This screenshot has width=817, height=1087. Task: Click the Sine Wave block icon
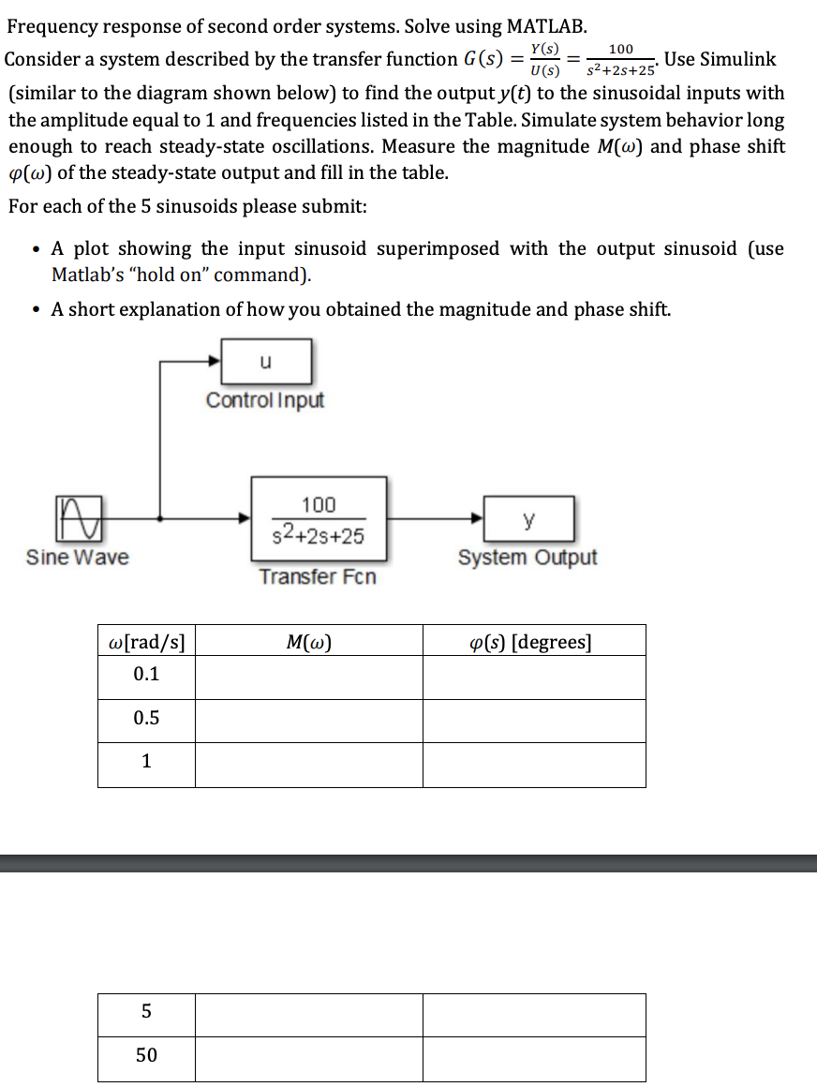pos(80,517)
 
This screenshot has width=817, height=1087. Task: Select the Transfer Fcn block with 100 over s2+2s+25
pos(318,518)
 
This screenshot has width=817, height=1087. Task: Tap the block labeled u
pos(265,361)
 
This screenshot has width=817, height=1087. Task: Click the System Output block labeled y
pos(528,518)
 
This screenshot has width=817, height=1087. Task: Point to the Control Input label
pos(265,400)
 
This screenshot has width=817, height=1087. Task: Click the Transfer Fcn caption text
pos(318,576)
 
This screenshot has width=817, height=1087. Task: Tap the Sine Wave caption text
pos(78,558)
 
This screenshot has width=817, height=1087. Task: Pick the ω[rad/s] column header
pos(147,642)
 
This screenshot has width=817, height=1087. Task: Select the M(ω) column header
pos(309,642)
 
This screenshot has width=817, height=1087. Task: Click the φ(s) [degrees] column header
pos(534,642)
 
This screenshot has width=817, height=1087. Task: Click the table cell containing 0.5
pos(147,720)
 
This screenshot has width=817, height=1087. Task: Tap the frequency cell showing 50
pos(147,1056)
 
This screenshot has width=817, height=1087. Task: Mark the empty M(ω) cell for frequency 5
pos(309,1014)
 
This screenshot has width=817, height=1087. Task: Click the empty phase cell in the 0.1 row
pos(534,677)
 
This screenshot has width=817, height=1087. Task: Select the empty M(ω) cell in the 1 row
pos(309,765)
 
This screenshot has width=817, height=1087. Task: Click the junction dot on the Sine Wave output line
pos(162,517)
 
